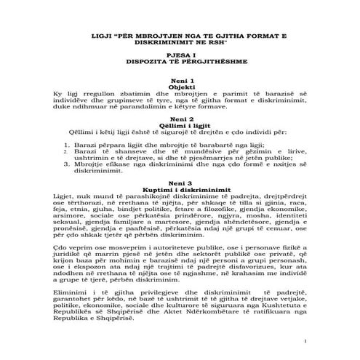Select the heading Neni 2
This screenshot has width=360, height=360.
point(180,119)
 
